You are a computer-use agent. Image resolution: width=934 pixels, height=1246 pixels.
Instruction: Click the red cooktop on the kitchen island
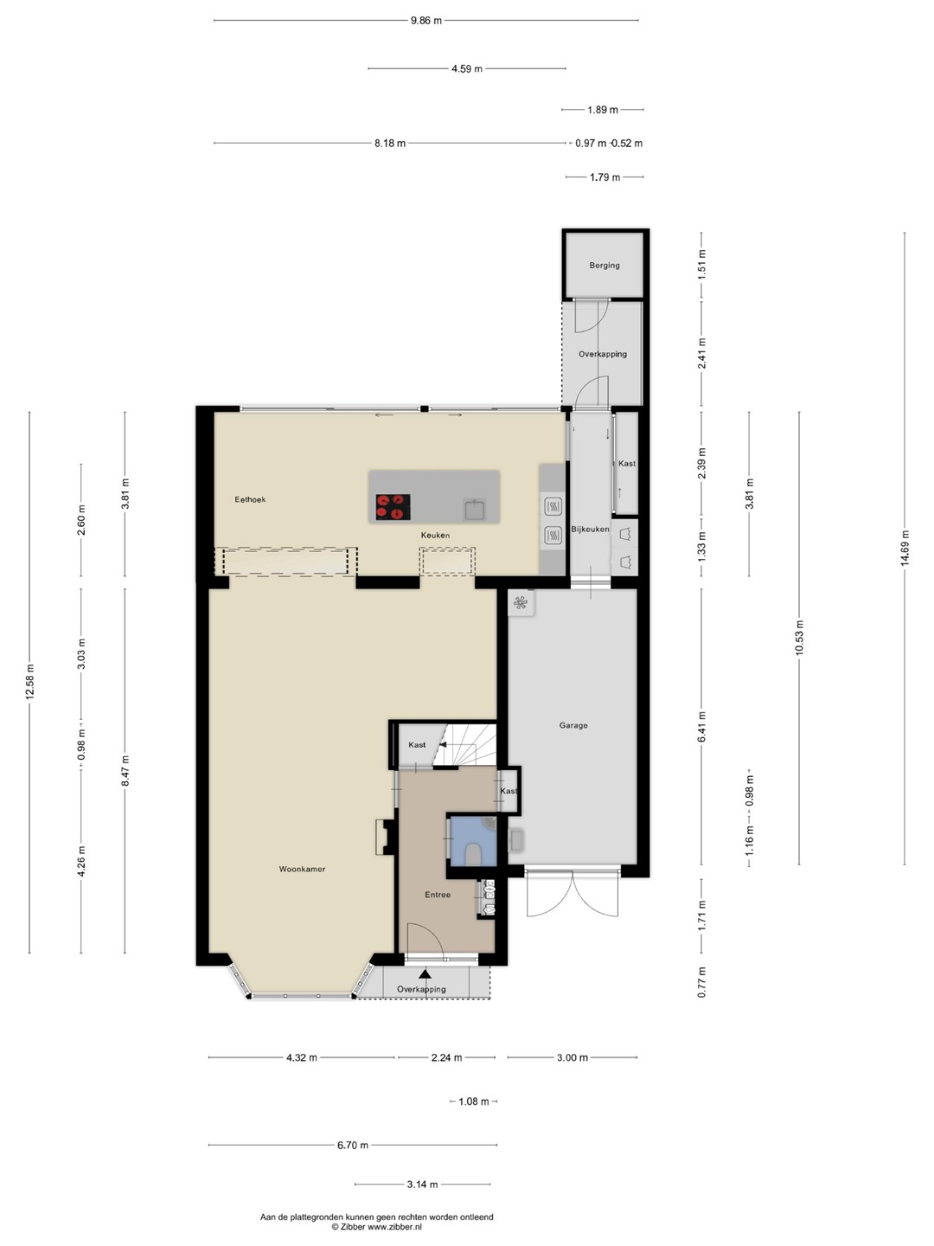(393, 507)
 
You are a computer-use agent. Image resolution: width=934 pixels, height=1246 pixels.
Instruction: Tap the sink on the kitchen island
(474, 510)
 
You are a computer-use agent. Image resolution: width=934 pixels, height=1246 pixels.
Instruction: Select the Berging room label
(604, 265)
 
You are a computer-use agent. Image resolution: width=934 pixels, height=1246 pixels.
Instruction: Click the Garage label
(573, 725)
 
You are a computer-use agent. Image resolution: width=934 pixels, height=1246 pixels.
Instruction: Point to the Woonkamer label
(303, 869)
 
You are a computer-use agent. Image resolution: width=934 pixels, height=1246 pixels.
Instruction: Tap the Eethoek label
(250, 499)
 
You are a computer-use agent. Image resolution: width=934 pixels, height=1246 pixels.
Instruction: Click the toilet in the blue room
(472, 855)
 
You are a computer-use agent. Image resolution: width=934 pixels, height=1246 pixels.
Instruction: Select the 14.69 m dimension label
(905, 548)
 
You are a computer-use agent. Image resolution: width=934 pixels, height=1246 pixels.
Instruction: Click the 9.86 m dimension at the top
(425, 21)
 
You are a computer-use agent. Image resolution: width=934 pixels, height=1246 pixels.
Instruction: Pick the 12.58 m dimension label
(30, 681)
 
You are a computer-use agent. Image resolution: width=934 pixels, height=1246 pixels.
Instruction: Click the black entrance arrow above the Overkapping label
(425, 974)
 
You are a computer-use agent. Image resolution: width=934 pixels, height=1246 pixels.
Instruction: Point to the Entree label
(438, 895)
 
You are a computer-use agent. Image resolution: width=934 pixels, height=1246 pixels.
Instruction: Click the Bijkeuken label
(590, 529)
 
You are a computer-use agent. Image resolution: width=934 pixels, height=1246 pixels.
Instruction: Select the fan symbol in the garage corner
(521, 603)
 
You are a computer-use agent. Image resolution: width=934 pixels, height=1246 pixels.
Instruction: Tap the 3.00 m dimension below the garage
(573, 1057)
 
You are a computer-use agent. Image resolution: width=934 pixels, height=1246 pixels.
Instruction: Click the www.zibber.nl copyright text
(376, 1227)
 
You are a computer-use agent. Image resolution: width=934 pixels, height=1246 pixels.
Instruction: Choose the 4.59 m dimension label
(467, 68)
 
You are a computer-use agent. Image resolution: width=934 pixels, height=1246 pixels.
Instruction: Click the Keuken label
(435, 536)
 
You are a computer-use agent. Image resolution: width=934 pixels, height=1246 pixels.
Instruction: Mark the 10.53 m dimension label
(800, 637)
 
